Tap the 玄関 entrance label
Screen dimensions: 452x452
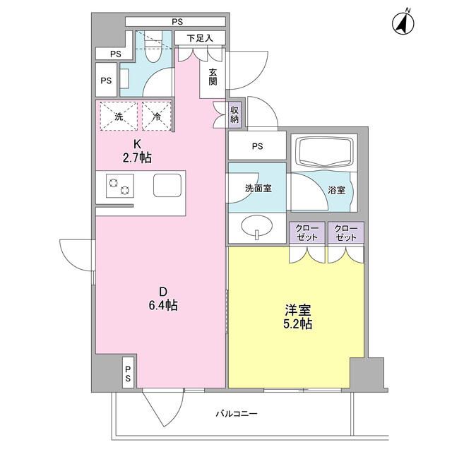coord(213,78)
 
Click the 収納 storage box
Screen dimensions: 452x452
coord(234,114)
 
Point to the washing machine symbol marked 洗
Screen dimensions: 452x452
coord(119,117)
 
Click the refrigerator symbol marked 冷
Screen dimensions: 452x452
coord(156,117)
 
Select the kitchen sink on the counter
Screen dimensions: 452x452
coord(168,186)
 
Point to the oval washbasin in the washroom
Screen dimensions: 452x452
coord(256,227)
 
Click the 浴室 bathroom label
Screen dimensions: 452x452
coord(335,189)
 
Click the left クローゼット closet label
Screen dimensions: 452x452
coord(307,233)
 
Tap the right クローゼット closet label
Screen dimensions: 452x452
coord(345,233)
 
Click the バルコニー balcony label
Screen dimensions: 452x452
coord(237,414)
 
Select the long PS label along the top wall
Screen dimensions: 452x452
coord(176,21)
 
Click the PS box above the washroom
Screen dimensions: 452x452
coord(256,146)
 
